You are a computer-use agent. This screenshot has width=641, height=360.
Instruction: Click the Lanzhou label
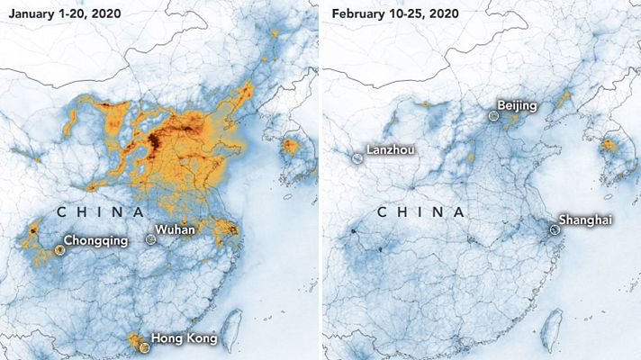[390, 149]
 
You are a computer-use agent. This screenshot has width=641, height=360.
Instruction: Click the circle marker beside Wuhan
[150, 239]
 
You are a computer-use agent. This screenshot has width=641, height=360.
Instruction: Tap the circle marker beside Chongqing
[59, 249]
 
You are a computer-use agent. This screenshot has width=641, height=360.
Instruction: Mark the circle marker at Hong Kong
[142, 346]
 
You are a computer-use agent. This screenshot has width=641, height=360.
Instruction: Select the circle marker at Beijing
[492, 115]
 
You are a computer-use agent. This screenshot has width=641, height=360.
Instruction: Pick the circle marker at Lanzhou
[357, 158]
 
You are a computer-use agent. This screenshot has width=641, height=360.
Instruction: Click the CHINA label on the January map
[101, 212]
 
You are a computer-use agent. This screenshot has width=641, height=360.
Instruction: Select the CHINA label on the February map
[420, 212]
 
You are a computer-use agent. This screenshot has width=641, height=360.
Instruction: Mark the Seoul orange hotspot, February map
[609, 145]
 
